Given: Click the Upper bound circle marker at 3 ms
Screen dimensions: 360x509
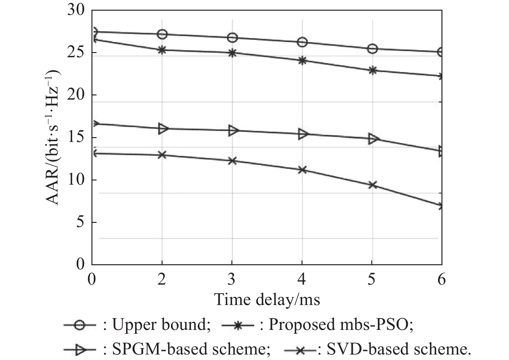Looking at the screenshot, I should pyautogui.click(x=232, y=38).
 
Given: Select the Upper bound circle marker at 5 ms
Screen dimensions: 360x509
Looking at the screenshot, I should pyautogui.click(x=372, y=49).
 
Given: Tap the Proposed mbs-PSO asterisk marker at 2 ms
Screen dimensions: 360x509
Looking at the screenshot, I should pyautogui.click(x=162, y=50).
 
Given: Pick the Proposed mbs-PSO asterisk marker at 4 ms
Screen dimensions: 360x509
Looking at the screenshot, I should pyautogui.click(x=302, y=60).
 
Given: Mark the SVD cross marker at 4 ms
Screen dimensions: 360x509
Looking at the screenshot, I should pyautogui.click(x=302, y=170).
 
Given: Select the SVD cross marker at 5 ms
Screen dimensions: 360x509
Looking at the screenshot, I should pyautogui.click(x=372, y=185).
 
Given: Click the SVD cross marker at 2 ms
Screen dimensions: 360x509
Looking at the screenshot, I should pyautogui.click(x=162, y=155).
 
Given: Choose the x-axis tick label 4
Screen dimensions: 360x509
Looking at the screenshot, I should pyautogui.click(x=302, y=279).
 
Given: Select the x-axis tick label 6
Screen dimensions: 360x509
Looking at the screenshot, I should pyautogui.click(x=441, y=279).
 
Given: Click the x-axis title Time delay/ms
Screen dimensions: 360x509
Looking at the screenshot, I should pyautogui.click(x=267, y=300).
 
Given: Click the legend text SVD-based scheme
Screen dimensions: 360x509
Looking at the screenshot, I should pyautogui.click(x=399, y=349).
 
